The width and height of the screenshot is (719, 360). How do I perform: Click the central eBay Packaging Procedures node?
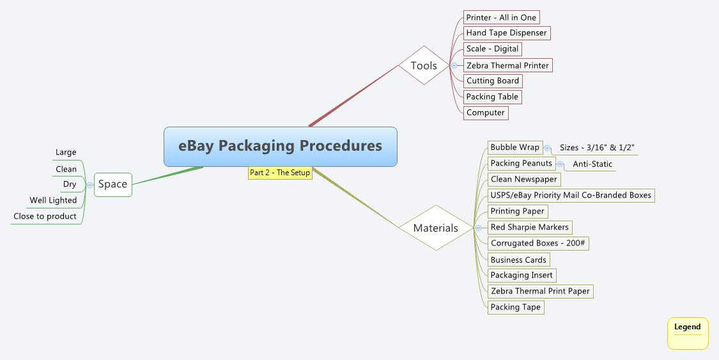pyautogui.click(x=280, y=146)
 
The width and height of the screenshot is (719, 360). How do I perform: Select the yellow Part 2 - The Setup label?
pyautogui.click(x=280, y=173)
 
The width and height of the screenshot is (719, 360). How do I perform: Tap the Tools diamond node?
pyautogui.click(x=424, y=65)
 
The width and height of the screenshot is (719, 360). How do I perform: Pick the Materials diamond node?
pyautogui.click(x=435, y=228)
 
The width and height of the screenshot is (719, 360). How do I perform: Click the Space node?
pyautogui.click(x=112, y=184)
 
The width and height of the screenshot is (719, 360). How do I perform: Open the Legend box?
pyautogui.click(x=688, y=333)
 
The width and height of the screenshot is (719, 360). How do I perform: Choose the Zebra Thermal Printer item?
pyautogui.click(x=507, y=65)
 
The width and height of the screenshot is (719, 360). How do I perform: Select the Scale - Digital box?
pyautogui.click(x=493, y=49)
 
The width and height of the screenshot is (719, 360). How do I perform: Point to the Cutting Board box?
pyautogui.click(x=493, y=81)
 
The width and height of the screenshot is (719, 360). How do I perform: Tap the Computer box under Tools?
pyautogui.click(x=486, y=113)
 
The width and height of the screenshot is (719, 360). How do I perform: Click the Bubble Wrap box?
pyautogui.click(x=514, y=148)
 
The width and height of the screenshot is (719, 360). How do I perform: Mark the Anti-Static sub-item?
pyautogui.click(x=592, y=164)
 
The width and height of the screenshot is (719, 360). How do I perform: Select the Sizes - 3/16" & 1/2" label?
pyautogui.click(x=597, y=148)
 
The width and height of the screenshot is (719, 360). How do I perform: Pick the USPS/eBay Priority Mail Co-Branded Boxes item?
pyautogui.click(x=571, y=195)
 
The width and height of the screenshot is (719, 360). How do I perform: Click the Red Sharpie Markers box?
pyautogui.click(x=529, y=227)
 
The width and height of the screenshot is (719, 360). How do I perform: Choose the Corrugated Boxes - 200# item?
pyautogui.click(x=538, y=243)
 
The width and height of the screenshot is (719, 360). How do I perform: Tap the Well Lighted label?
pyautogui.click(x=53, y=200)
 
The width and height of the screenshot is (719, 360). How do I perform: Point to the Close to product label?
pyautogui.click(x=45, y=216)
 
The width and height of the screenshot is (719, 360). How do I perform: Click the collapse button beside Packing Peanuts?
pyautogui.click(x=561, y=164)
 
